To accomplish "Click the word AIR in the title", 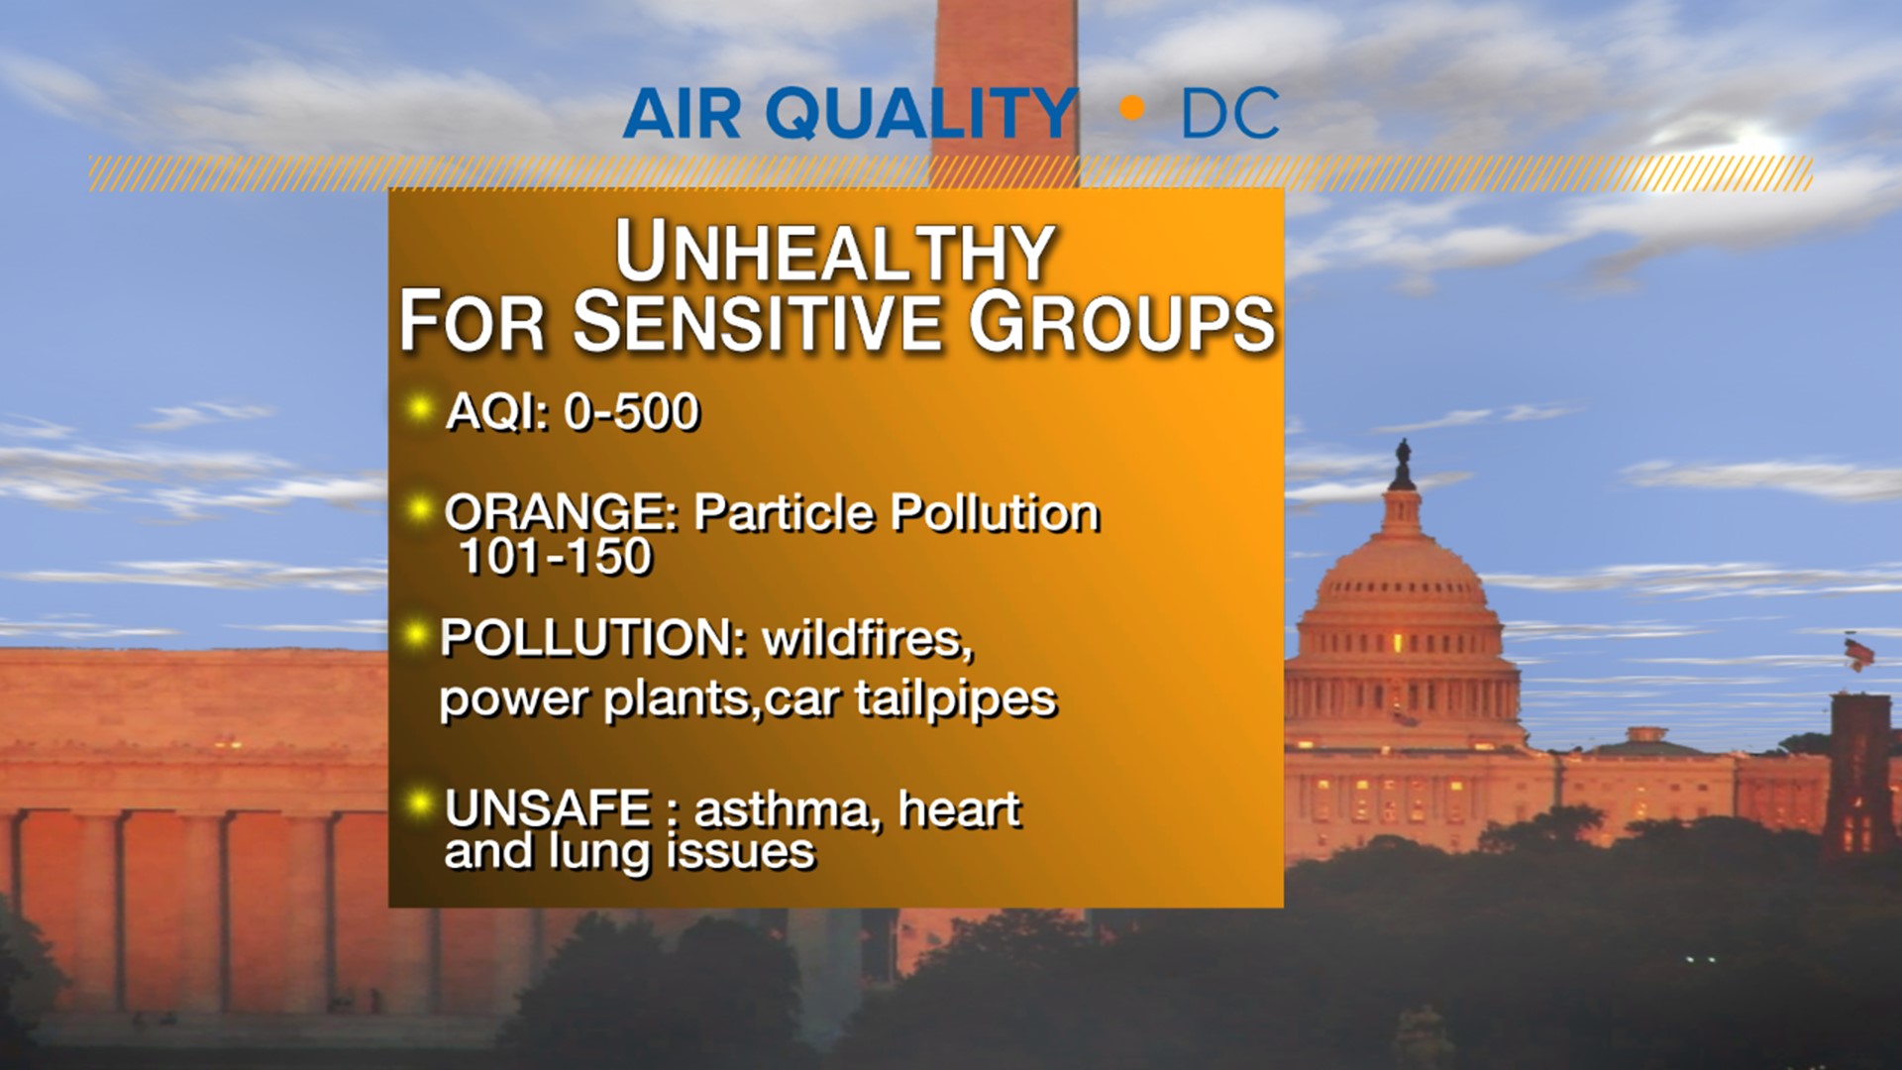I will coord(683,114).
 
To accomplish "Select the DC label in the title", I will coord(1230,114).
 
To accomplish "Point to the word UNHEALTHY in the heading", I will coord(834,253).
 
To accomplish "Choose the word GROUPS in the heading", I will coord(1121,322).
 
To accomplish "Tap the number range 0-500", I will coord(632,411).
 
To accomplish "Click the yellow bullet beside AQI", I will coord(420,407).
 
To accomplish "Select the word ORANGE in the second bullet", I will coord(560,513).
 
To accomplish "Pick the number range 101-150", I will coord(556,557).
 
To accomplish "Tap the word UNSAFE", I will coord(548,809).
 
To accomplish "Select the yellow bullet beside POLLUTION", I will coord(417,634).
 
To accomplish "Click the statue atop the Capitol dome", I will coord(1402,463).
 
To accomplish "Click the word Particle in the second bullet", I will coord(784,513).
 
